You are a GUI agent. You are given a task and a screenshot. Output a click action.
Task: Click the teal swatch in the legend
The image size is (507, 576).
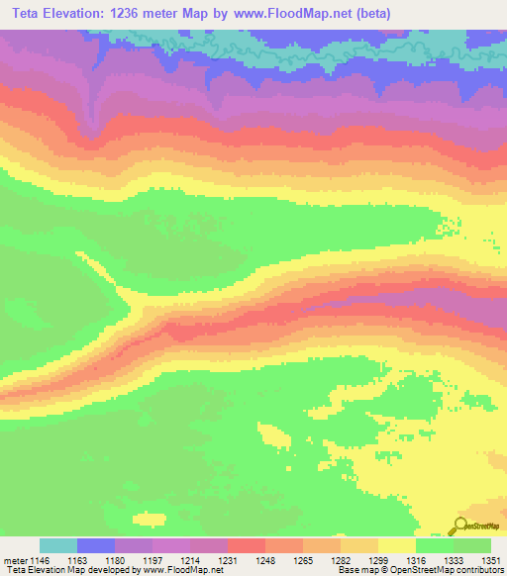point(58,545)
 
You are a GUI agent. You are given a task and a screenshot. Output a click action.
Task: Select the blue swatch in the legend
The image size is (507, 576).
point(96,545)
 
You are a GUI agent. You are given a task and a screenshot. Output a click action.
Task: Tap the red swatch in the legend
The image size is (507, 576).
point(247,545)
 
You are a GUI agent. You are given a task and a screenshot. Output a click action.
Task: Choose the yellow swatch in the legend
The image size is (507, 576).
point(396,545)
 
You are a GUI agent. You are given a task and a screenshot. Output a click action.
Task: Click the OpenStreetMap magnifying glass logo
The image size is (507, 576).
point(460,527)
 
